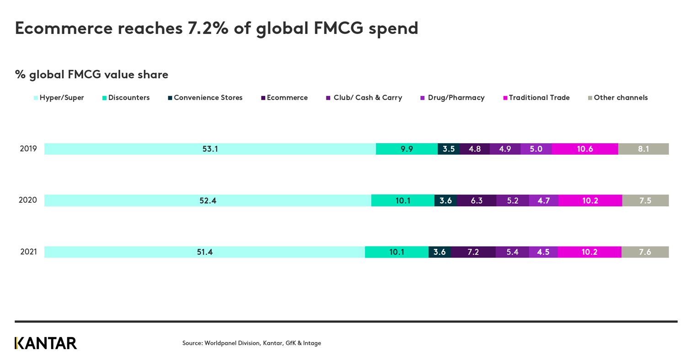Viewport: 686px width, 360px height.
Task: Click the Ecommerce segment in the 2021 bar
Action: tap(473, 252)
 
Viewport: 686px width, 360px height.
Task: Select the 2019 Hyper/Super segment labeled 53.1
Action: tap(210, 149)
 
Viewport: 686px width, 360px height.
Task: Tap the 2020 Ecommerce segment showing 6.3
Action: tap(477, 200)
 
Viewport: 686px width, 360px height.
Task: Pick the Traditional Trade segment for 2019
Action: tap(584, 149)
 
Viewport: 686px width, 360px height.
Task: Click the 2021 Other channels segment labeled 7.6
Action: tap(645, 252)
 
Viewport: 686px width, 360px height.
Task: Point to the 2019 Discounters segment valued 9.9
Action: tap(407, 149)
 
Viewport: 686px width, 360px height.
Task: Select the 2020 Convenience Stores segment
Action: tap(445, 200)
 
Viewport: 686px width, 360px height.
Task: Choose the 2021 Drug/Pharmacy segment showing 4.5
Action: tap(543, 252)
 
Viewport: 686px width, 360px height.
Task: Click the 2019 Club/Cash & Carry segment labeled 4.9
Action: tap(505, 149)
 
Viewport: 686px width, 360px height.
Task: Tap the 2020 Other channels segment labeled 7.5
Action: tap(645, 200)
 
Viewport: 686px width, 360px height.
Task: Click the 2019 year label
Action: tap(28, 149)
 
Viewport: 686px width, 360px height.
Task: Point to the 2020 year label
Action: tap(28, 200)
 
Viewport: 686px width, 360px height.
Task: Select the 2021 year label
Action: tap(28, 252)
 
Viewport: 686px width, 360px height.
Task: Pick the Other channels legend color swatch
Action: tap(590, 98)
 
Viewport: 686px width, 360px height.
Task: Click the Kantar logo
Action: tap(46, 343)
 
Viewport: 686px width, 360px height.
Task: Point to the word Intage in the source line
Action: tap(311, 343)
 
